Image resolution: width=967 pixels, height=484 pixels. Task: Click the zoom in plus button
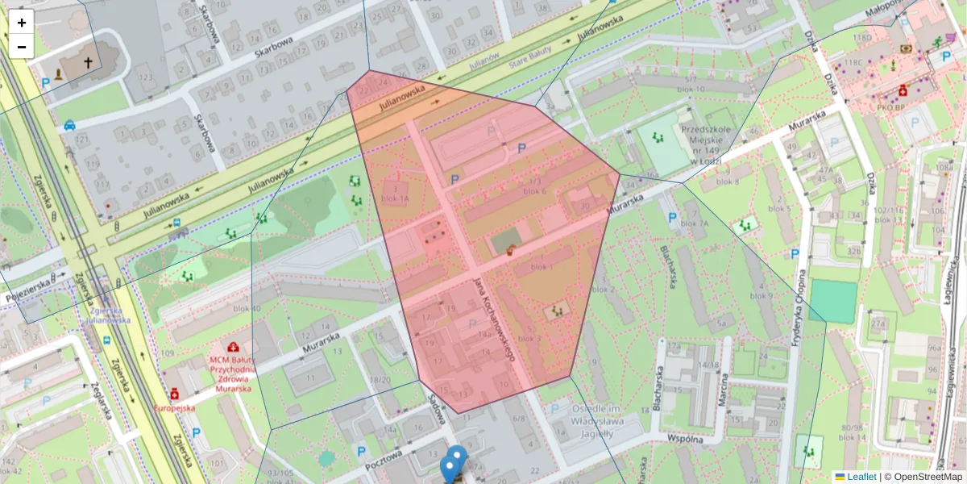click(x=22, y=23)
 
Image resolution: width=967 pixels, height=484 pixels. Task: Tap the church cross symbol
click(x=88, y=62)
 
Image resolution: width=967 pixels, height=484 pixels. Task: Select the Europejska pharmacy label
click(x=175, y=408)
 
